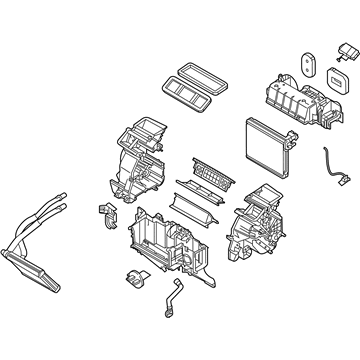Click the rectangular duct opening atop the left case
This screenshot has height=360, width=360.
click(x=142, y=128)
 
